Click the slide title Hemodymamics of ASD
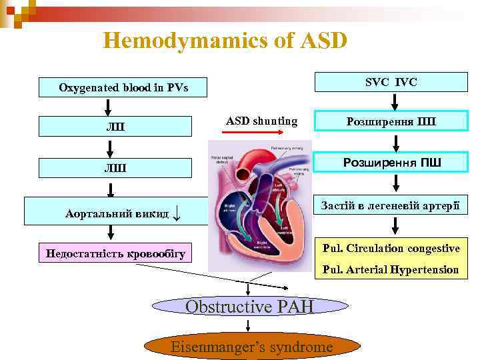pos(225,41)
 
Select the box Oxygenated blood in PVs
pos(123,87)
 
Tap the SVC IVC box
pos(391,82)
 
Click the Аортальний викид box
pos(117,211)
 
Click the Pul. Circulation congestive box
pos(391,249)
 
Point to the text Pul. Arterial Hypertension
pos(391,270)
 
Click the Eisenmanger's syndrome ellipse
pos(251,347)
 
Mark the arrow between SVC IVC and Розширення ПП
pos(395,101)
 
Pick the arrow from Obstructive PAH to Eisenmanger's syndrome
pos(249,325)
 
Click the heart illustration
pos(261,203)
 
